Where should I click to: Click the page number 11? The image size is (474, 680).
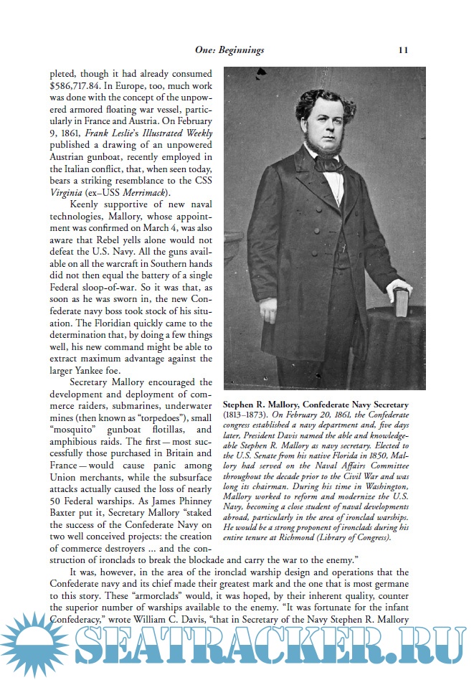coord(403,50)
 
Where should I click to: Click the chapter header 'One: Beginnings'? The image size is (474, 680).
coord(229,50)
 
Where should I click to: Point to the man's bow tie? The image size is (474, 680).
coord(331,162)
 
